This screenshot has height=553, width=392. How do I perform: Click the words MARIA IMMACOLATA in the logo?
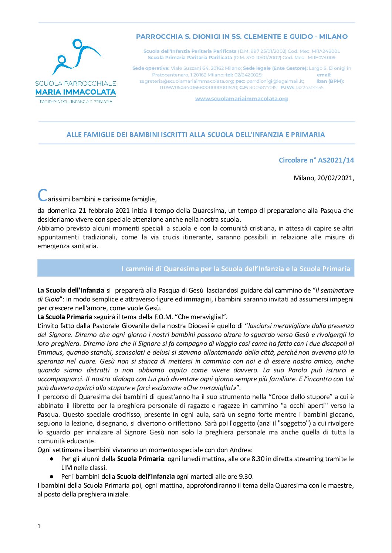(75, 92)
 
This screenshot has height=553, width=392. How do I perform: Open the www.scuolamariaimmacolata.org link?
(241, 99)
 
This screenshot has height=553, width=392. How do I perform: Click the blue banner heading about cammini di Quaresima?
(236, 269)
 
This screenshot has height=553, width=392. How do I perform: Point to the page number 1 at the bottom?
(39, 526)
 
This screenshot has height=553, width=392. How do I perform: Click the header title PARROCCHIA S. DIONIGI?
(241, 37)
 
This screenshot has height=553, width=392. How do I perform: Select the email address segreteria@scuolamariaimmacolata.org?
(186, 81)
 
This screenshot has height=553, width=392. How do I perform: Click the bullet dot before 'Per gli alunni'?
(52, 459)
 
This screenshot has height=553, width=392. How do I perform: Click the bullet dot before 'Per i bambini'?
(52, 477)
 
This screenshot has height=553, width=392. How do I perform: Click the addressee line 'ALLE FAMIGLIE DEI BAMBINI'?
(196, 135)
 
